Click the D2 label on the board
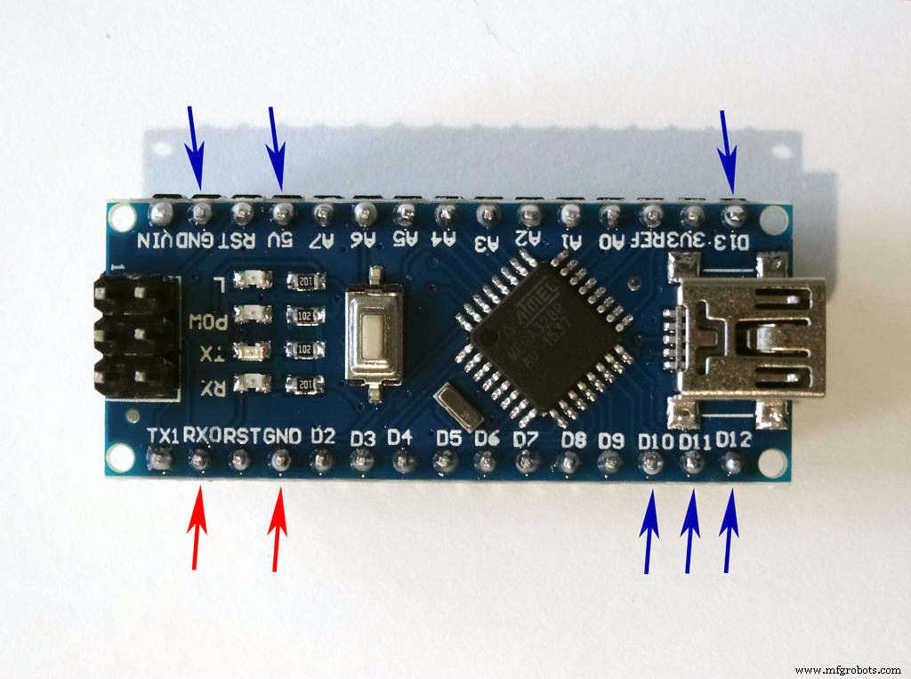[322, 436]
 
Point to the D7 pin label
[526, 438]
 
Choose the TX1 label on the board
[164, 435]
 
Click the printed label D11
[693, 441]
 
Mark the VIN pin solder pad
[160, 214]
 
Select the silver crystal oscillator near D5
[459, 405]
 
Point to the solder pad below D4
[403, 462]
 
